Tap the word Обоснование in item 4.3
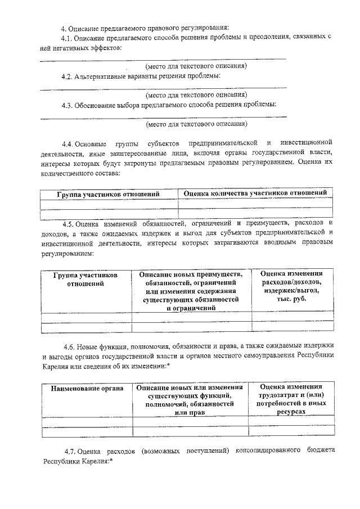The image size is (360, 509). click(98, 105)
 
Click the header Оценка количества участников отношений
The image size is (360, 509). click(255, 193)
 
